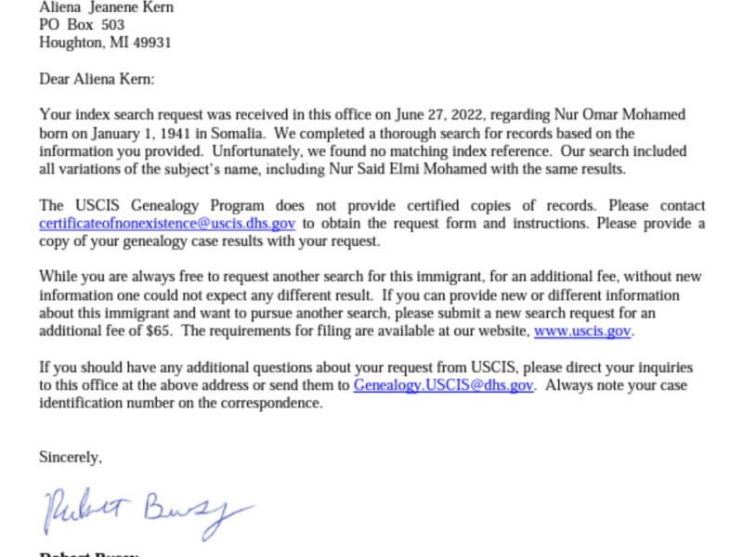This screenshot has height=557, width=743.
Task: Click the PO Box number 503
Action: [112, 25]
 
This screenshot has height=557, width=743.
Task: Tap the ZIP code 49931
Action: [152, 43]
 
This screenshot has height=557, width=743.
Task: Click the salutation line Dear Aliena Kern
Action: [97, 80]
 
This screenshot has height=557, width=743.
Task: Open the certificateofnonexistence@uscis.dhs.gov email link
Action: [167, 224]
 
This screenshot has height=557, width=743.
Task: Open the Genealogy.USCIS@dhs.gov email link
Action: [444, 386]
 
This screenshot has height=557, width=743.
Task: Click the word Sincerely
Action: [71, 458]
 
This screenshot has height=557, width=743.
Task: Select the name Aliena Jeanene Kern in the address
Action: [106, 7]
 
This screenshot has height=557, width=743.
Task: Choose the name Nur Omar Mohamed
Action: [627, 116]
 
